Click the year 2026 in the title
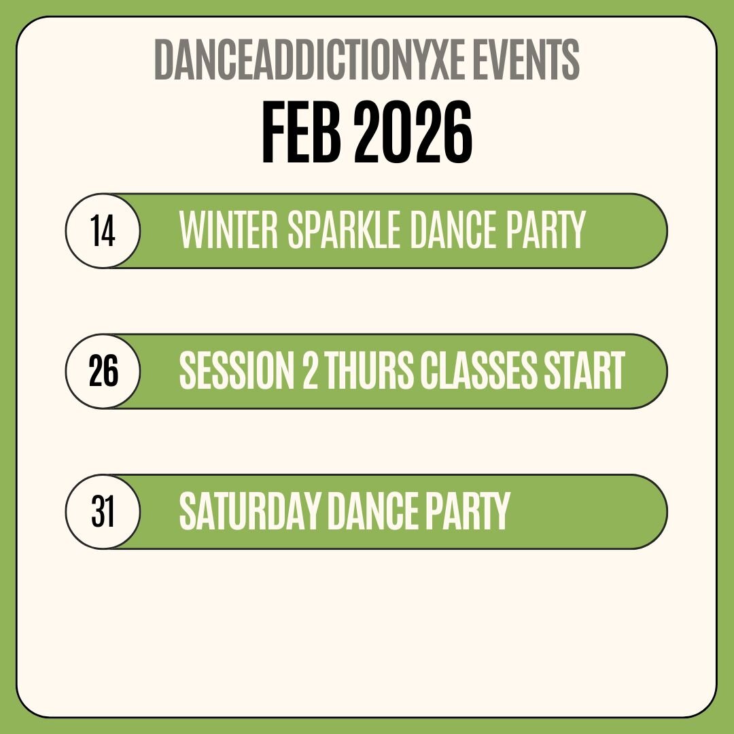point(413,133)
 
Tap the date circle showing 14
point(103,231)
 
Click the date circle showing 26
point(103,371)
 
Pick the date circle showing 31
point(103,512)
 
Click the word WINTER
point(229,230)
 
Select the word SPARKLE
point(344,230)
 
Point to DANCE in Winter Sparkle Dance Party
point(453,230)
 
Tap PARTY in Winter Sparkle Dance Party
point(546,230)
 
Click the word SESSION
point(237,370)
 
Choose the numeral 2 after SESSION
point(310,370)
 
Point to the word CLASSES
point(478,370)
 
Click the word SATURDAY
point(249,510)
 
